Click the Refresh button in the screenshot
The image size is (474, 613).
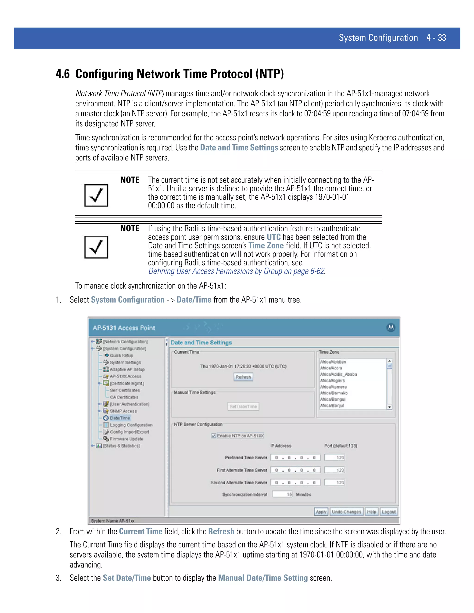243,377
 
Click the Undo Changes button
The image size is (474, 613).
346,512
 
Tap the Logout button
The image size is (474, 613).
389,512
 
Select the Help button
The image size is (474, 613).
371,512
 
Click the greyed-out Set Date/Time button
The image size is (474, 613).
243,406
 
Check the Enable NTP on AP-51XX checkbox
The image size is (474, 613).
214,436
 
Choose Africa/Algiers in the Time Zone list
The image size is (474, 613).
333,381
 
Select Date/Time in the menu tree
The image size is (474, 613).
120,418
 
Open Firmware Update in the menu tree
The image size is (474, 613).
126,439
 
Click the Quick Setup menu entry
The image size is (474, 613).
121,355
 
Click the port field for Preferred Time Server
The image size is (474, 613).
334,458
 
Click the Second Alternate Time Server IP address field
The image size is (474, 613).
295,483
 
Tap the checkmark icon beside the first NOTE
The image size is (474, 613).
96,196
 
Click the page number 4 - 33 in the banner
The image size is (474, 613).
436,38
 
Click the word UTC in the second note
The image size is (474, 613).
273,237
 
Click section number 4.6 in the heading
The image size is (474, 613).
63,74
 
